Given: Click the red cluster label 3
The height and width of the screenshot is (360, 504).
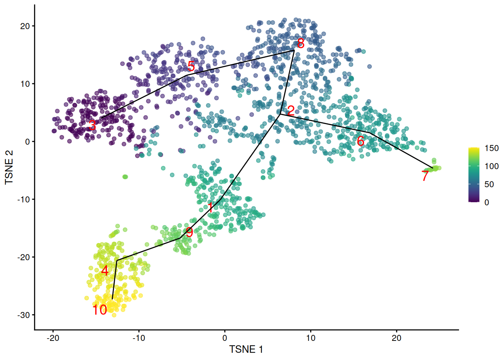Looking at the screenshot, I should tap(92, 126).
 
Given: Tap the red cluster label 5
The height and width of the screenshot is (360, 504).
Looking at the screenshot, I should tap(191, 67).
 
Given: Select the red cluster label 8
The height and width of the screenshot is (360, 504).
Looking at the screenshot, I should tap(301, 43).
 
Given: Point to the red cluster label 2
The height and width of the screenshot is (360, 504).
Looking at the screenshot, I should tap(291, 111).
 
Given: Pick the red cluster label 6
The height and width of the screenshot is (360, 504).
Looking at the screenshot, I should tap(360, 141).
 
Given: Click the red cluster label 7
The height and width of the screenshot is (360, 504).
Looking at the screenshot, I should tap(425, 176).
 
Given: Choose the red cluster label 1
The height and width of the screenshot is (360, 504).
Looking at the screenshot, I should tap(211, 207).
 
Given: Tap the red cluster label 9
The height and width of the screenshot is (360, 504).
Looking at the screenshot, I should tap(189, 232).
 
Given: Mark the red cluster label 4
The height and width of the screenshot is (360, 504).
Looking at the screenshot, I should tap(105, 271).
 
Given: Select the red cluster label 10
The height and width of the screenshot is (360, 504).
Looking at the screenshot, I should tap(100, 310).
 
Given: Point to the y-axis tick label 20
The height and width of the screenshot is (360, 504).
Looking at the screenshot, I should tap(25, 26).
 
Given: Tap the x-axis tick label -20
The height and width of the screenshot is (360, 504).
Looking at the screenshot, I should tap(53, 338).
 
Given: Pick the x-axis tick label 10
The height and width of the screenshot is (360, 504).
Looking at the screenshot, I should tap(310, 338).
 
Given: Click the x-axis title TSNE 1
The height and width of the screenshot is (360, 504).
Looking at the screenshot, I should tap(246, 349).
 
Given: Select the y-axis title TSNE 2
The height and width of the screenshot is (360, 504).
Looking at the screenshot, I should tap(9, 167).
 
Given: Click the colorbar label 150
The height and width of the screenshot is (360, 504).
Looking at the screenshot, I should tap(492, 148).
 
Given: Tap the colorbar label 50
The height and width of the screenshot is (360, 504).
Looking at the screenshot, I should tap(489, 184).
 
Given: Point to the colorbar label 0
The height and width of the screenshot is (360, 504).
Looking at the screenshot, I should tap(487, 202).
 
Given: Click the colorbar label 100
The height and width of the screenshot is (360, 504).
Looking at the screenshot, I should tap(492, 166).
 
